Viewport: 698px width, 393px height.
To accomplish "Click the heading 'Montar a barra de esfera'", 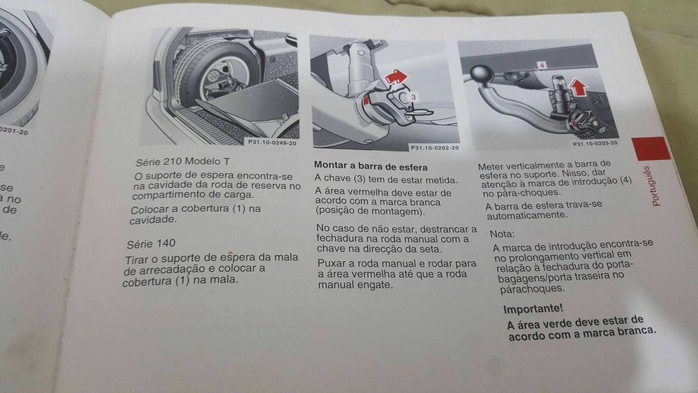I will click(364, 165).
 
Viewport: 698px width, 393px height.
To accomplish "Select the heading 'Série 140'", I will click(150, 244).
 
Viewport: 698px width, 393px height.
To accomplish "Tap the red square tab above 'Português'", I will click(651, 149).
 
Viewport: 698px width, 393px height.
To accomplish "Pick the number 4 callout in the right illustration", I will click(542, 65).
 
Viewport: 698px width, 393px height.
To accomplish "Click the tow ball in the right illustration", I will click(480, 75).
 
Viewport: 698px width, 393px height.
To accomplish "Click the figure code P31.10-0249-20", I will click(272, 142).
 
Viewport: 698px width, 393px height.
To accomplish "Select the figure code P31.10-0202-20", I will click(434, 147).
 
